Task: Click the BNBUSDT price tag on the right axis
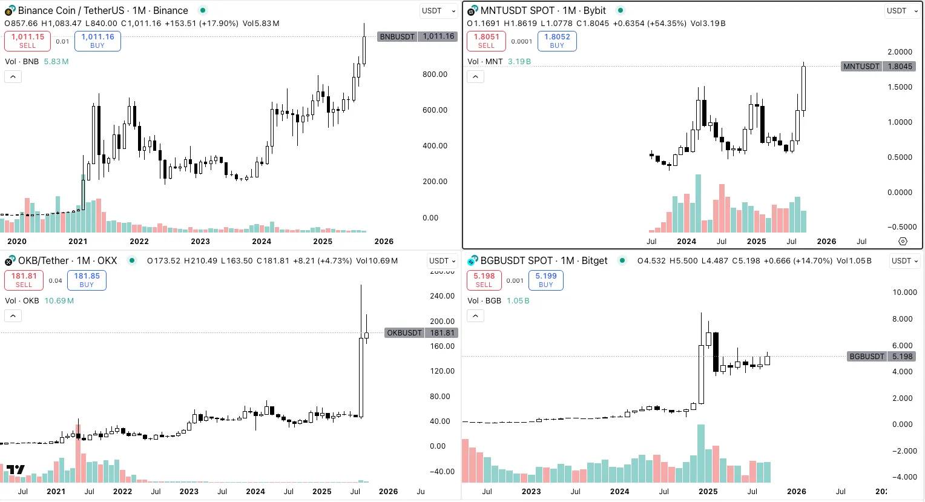click(x=417, y=36)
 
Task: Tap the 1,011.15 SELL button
click(x=27, y=41)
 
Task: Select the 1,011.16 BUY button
click(x=97, y=41)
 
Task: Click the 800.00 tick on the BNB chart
click(x=435, y=74)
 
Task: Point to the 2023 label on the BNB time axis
click(x=200, y=241)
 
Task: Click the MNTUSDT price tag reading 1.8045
click(x=878, y=67)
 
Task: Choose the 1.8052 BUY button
click(x=556, y=41)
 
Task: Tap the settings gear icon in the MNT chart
click(x=903, y=241)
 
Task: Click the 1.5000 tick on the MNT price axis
click(x=900, y=87)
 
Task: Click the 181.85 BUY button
click(x=87, y=280)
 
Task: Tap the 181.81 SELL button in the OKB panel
click(x=24, y=280)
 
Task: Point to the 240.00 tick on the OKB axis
click(x=442, y=296)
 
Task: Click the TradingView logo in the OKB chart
click(x=16, y=469)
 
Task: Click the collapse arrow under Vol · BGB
click(x=475, y=315)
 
